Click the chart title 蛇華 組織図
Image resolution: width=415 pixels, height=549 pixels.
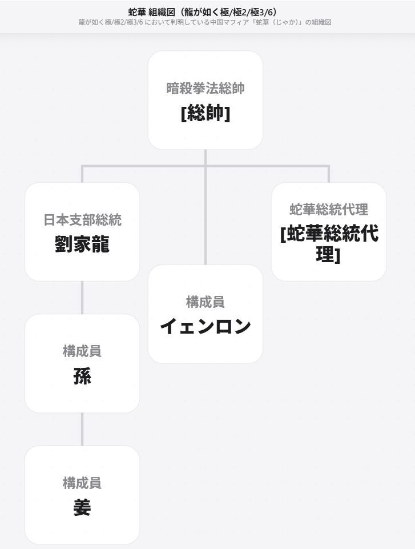(x=151, y=12)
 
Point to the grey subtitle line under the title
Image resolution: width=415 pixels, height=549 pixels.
(x=205, y=22)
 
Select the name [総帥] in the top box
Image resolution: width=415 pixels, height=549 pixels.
(x=206, y=113)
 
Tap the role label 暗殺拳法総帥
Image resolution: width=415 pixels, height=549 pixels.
(x=206, y=89)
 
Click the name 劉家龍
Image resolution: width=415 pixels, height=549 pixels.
(x=82, y=244)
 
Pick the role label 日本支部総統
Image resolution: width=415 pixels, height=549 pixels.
(x=82, y=220)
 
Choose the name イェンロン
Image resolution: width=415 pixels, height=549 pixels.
(x=206, y=326)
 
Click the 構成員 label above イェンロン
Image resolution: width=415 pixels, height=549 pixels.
(x=206, y=302)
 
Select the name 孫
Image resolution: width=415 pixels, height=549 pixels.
(x=82, y=376)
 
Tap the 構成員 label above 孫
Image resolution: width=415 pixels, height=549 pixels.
(x=82, y=351)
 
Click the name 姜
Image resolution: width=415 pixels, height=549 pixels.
(x=82, y=507)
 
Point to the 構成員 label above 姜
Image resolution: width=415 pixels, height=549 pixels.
(x=82, y=483)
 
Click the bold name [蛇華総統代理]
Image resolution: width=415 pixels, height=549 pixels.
(x=329, y=244)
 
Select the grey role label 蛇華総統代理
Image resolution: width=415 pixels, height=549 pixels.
(x=329, y=210)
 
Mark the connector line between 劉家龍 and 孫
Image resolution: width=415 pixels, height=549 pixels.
(x=82, y=298)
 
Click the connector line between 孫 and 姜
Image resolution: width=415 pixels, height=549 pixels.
(x=82, y=429)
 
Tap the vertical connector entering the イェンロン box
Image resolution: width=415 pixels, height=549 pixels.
(x=206, y=215)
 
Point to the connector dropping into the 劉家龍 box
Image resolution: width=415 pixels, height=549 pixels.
(x=82, y=174)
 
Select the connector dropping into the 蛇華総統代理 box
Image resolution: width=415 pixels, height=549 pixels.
(x=329, y=174)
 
